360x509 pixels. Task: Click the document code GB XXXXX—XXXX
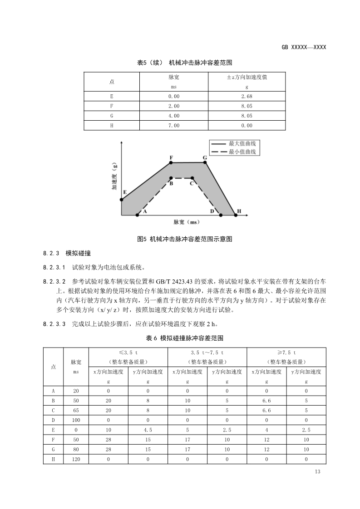304,47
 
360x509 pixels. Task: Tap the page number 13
317,472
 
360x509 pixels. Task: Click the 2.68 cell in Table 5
247,96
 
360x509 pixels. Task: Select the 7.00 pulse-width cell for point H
174,125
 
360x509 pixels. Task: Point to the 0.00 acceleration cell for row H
247,125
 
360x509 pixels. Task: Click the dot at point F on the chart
171,163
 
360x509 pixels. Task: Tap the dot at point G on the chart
205,162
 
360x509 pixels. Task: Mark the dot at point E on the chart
122,199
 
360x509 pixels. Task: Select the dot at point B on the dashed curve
171,178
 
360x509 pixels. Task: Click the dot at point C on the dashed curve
192,178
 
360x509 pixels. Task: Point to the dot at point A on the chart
138,215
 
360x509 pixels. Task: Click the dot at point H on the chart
236,215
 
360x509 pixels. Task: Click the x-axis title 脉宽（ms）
187,222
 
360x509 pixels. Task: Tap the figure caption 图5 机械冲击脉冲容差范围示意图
185,239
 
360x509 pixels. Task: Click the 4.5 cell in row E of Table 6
148,430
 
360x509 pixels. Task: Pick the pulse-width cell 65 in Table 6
76,410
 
